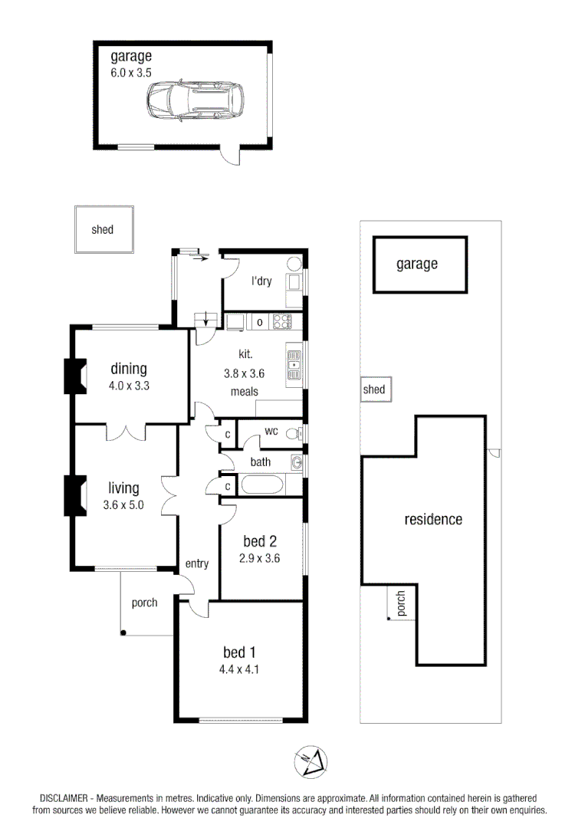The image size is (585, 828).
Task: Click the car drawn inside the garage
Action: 192,100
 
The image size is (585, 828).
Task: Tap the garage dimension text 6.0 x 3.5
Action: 131,74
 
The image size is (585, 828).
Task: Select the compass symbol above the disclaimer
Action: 311,761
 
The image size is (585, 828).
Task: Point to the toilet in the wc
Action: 291,434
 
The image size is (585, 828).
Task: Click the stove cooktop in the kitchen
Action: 284,322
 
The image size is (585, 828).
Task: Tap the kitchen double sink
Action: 294,364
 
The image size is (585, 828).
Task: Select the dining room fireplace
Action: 74,376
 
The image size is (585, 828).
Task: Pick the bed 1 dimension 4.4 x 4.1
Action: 239,669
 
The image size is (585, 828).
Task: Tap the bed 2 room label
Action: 259,541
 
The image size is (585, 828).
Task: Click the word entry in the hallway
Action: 197,564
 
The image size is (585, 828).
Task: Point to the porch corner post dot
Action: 123,633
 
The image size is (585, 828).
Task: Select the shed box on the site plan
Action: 374,390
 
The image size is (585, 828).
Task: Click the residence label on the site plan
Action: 433,520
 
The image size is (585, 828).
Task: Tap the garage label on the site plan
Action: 417,264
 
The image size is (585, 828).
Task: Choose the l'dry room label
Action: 261,281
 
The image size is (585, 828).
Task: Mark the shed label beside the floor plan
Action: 102,230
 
